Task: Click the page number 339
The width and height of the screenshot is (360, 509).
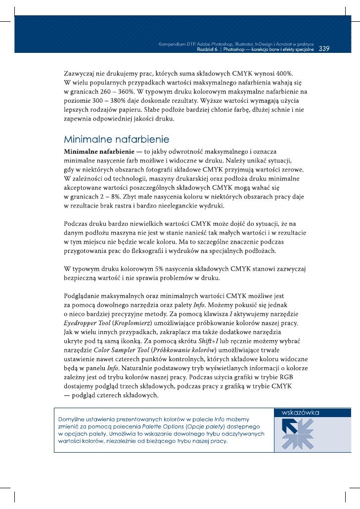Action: pyautogui.click(x=324, y=49)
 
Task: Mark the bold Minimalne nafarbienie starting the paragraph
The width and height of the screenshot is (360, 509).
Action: pyautogui.click(x=96, y=149)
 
